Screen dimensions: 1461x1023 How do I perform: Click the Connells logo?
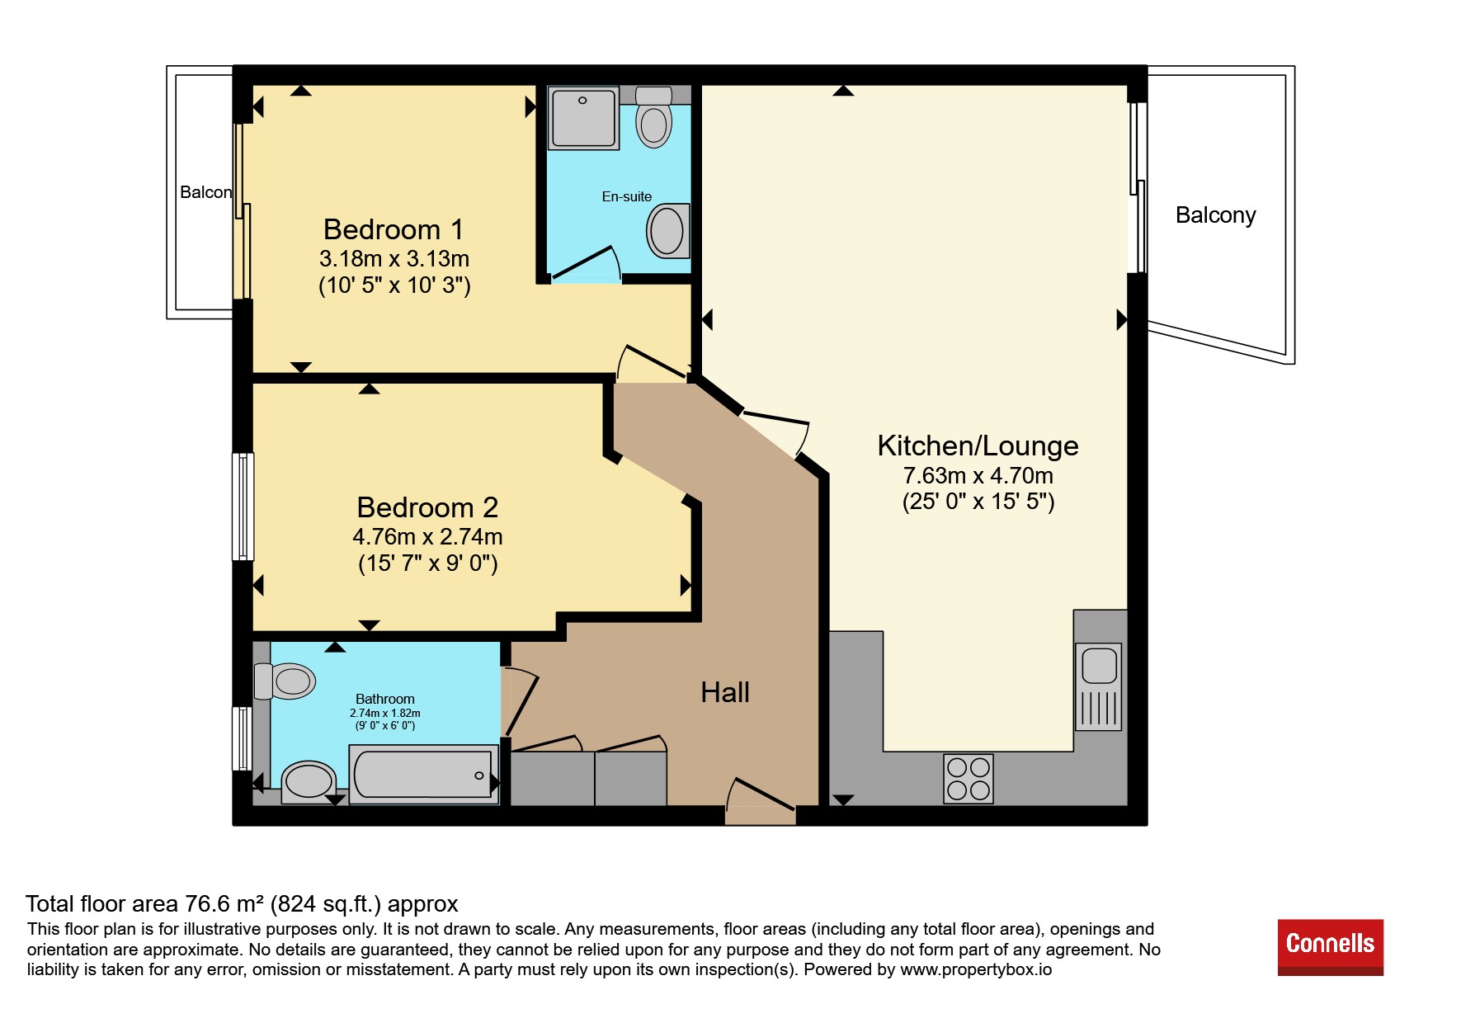1330,947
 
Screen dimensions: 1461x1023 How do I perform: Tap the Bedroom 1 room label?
394,229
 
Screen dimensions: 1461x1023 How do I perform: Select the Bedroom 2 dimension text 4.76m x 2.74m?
427,537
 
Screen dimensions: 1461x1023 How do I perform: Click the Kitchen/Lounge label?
978,445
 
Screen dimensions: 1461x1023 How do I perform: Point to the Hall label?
725,692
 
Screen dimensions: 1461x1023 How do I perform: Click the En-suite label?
627,196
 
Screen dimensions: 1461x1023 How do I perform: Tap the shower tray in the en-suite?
584,118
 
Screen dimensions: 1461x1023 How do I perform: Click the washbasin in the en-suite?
668,231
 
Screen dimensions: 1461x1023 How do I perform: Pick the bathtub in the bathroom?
424,775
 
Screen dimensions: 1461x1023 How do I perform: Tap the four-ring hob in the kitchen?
969,779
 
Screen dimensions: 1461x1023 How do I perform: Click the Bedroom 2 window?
243,507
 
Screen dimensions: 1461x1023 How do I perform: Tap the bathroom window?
242,738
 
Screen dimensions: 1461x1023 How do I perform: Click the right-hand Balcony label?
1215,215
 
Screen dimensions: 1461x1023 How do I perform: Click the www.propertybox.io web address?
976,970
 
